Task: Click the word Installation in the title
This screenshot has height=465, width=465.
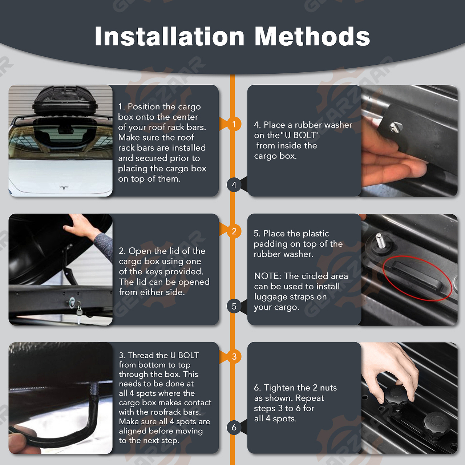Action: [x=170, y=36]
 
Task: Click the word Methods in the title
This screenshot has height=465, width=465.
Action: [x=312, y=36]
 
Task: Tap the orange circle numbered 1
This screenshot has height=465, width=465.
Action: [x=234, y=124]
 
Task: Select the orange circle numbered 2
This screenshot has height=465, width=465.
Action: [x=234, y=231]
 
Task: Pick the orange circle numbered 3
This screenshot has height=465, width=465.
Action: [x=234, y=356]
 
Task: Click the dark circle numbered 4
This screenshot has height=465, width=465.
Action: [x=234, y=185]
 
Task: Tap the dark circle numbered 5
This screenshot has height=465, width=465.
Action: [x=234, y=306]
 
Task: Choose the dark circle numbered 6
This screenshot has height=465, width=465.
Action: [x=234, y=427]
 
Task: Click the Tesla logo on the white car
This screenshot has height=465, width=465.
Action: [x=64, y=188]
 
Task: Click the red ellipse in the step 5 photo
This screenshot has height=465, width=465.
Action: [x=417, y=279]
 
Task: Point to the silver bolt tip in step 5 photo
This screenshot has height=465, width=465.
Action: [x=381, y=240]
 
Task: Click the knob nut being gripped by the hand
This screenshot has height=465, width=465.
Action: [x=396, y=395]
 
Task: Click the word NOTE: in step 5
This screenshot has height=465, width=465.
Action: [x=267, y=276]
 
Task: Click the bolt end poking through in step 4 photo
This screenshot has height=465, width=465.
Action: [x=396, y=127]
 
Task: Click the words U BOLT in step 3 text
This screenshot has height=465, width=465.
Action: [x=185, y=355]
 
